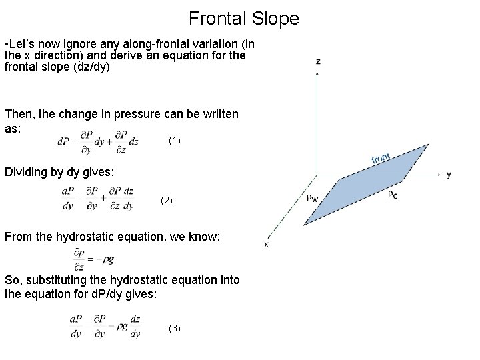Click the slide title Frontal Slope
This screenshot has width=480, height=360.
point(243,18)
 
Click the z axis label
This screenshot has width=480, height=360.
point(318,61)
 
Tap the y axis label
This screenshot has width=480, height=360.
point(449,175)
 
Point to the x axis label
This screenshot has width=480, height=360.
point(267,244)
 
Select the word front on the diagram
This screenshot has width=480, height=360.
point(381,159)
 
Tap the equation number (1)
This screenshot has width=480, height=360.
point(175,141)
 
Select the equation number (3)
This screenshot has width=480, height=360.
point(174,328)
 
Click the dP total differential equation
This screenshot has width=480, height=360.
point(98,141)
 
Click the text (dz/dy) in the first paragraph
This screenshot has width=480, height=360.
point(91,67)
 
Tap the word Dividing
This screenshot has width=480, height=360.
point(26,172)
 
